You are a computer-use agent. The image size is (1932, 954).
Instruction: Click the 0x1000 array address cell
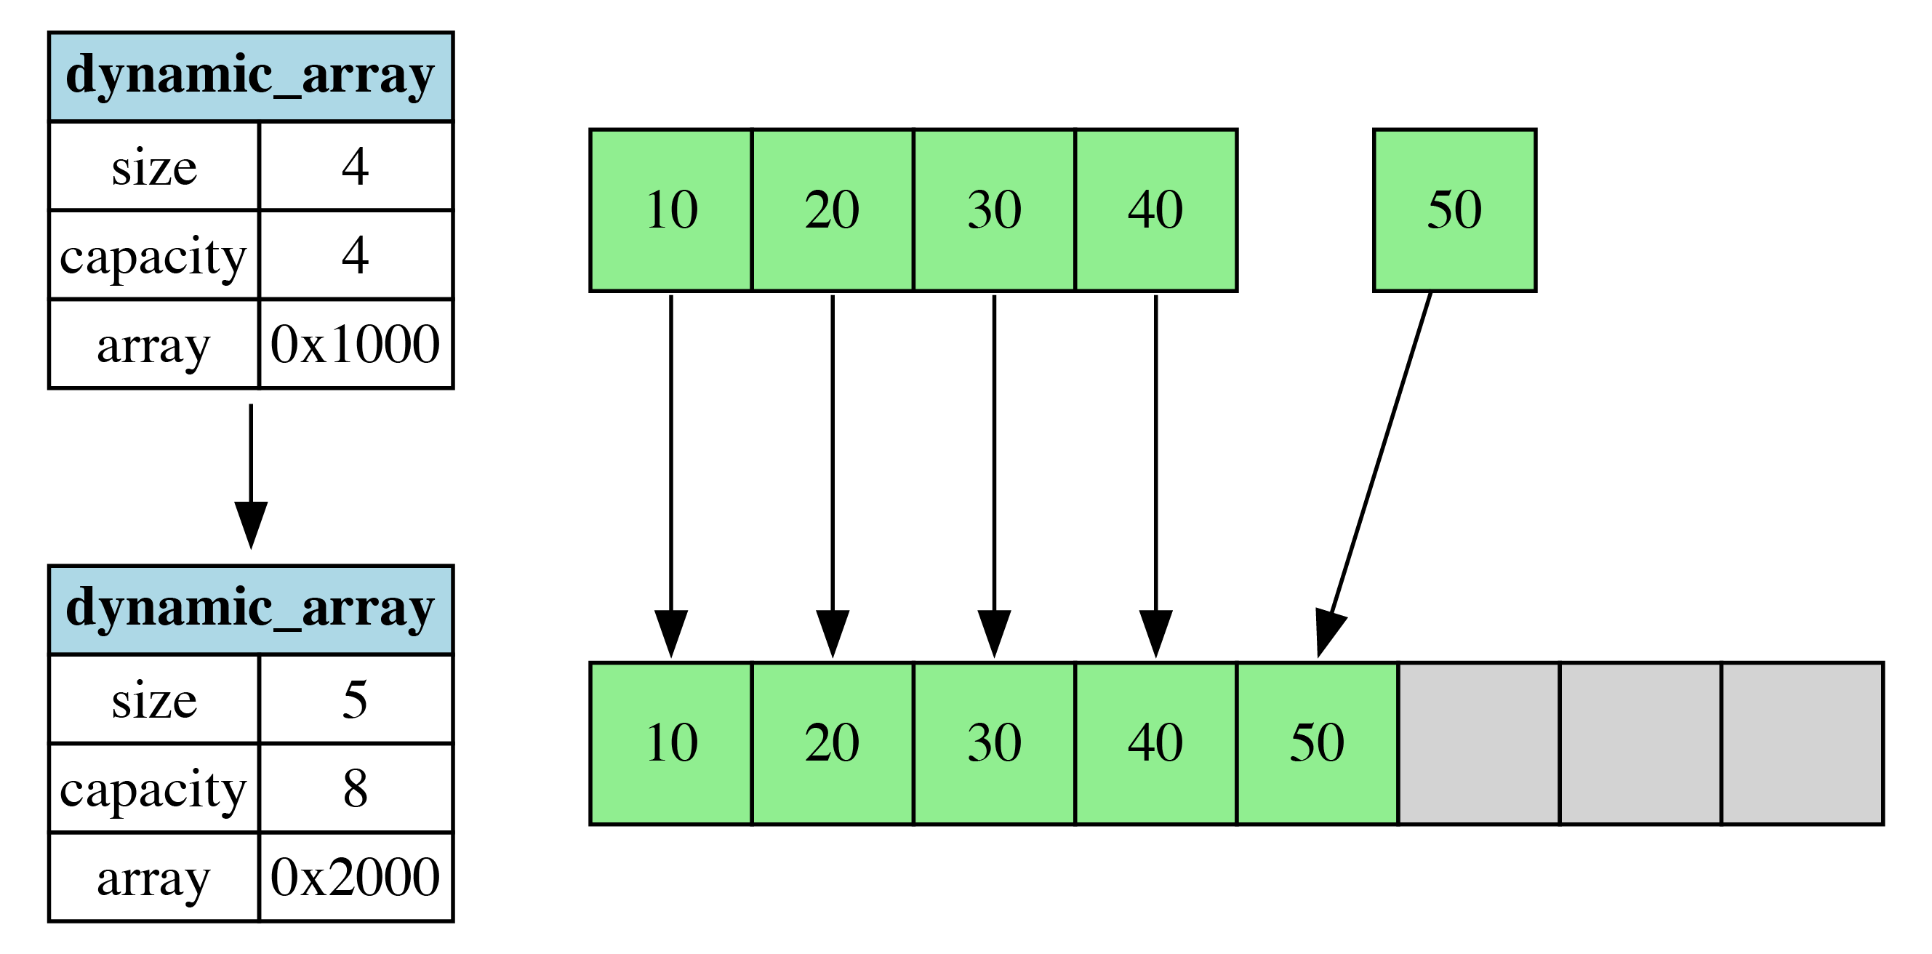click(x=355, y=344)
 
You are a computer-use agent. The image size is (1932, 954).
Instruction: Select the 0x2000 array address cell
click(x=355, y=876)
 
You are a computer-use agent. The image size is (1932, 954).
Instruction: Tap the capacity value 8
click(x=355, y=787)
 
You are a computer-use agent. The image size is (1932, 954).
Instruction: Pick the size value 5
click(x=355, y=699)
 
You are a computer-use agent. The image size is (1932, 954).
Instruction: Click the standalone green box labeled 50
click(x=1454, y=210)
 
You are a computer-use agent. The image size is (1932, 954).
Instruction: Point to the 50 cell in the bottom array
click(x=1317, y=743)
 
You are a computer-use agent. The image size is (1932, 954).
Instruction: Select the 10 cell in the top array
click(x=670, y=210)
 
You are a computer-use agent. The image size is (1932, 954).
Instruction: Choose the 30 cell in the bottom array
click(x=994, y=743)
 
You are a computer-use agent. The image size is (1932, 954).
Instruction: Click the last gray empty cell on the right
click(x=1802, y=743)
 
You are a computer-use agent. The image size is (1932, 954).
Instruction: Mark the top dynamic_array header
click(x=251, y=76)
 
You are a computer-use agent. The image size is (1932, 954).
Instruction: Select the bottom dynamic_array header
click(x=251, y=609)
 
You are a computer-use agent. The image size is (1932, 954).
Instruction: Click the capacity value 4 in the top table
click(x=355, y=255)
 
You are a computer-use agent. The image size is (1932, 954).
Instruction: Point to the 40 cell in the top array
click(x=1155, y=210)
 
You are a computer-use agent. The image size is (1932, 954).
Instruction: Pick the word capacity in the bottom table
click(x=153, y=787)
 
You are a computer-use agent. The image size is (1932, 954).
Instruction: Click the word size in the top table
click(x=153, y=167)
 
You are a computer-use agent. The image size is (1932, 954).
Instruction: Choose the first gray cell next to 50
click(x=1478, y=743)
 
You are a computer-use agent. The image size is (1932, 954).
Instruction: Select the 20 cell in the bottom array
click(x=833, y=743)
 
